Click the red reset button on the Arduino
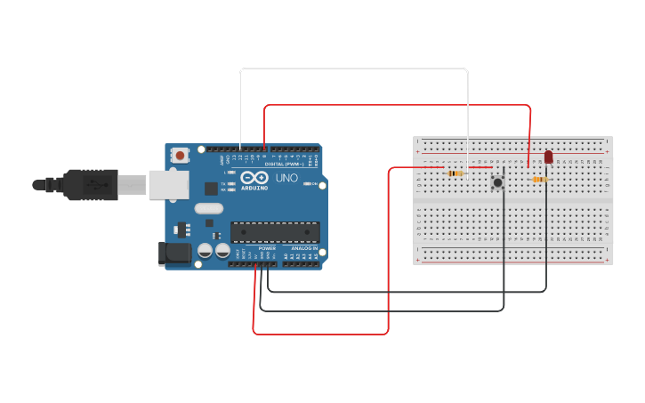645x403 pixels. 181,155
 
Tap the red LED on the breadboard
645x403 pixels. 548,157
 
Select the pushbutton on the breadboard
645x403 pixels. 498,182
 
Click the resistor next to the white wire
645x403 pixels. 456,173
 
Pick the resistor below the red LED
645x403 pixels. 539,180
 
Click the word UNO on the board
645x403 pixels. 286,178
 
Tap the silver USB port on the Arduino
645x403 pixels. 169,184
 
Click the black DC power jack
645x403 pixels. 173,253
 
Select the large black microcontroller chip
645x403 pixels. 275,232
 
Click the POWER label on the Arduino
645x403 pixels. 267,248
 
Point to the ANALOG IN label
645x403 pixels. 304,248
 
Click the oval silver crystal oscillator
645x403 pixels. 208,209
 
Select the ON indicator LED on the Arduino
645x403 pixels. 308,183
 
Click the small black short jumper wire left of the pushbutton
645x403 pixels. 503,173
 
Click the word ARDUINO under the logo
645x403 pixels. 254,188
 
